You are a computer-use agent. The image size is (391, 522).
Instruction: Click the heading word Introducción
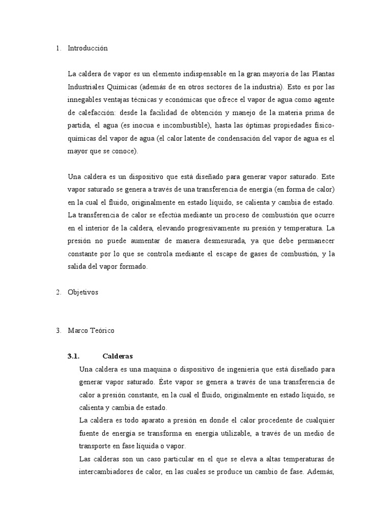tap(88, 48)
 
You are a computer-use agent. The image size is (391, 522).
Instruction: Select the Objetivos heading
tap(83, 293)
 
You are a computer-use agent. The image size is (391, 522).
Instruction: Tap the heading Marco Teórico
tap(92, 330)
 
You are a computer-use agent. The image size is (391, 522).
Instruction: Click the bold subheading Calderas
tap(118, 356)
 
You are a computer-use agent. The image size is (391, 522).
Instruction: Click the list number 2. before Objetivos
tap(59, 293)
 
